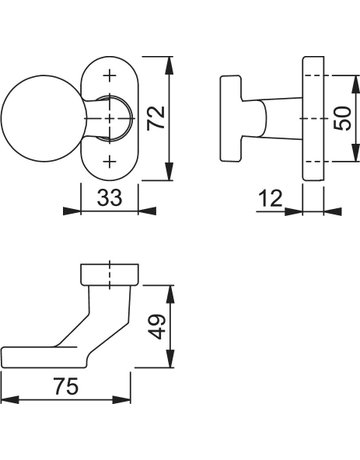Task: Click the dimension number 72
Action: (156, 118)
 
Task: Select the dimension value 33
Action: (110, 197)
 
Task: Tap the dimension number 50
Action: (343, 118)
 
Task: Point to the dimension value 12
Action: (270, 198)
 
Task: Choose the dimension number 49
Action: (156, 327)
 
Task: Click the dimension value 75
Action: (66, 386)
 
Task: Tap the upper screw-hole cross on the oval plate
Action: (109, 76)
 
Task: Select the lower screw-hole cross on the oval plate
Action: (109, 162)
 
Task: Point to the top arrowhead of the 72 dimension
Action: (170, 65)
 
